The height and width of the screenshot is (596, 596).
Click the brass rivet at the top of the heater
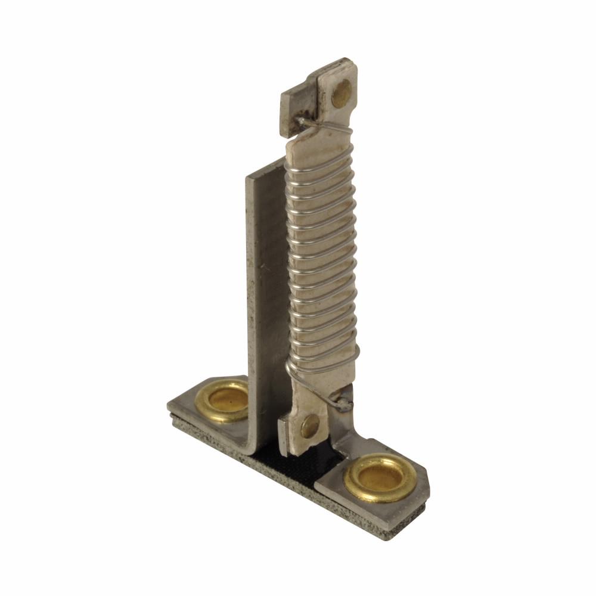point(341,93)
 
